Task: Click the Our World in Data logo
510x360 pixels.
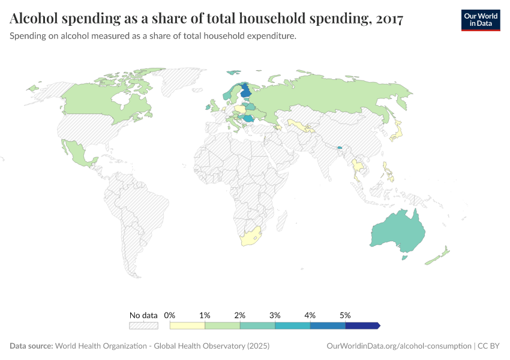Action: (480, 20)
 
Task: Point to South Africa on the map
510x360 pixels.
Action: (251, 238)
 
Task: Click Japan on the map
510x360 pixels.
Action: (397, 131)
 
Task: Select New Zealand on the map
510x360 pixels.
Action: (437, 256)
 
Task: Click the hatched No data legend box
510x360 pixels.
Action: (143, 325)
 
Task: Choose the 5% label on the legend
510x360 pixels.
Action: (345, 315)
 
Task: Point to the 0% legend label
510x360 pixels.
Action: (169, 315)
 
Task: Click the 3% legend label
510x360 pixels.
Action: (275, 315)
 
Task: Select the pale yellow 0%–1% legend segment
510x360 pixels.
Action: (187, 325)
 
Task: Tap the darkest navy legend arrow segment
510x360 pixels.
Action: (362, 325)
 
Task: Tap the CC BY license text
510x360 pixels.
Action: (489, 346)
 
